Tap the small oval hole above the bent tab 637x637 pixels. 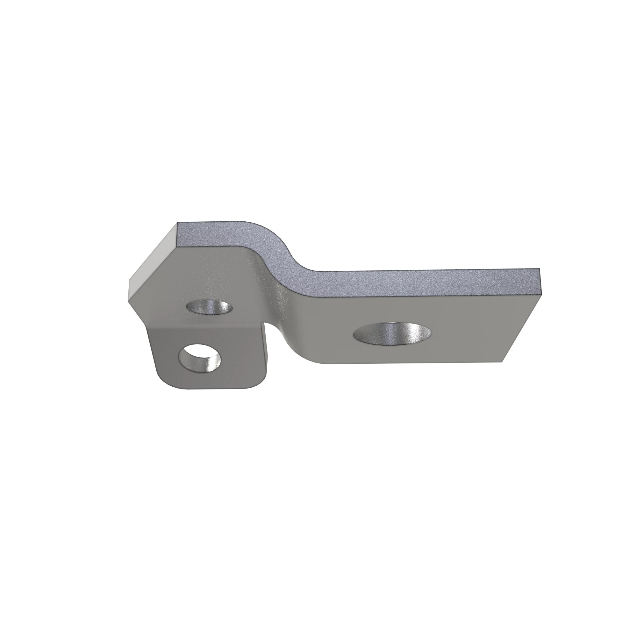(209, 308)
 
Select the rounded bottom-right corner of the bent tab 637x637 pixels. (261, 383)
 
